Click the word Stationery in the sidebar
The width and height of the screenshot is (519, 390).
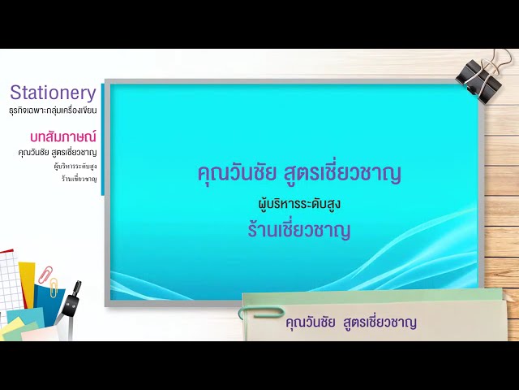[x=53, y=93]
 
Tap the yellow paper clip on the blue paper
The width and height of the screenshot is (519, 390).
[x=54, y=287]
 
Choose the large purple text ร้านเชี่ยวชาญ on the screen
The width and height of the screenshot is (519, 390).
[x=299, y=229]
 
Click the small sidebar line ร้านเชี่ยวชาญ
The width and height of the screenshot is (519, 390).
[x=79, y=178]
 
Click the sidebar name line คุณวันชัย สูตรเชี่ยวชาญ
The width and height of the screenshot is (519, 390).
[x=58, y=152]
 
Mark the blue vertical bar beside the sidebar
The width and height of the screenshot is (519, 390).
[x=102, y=138]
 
